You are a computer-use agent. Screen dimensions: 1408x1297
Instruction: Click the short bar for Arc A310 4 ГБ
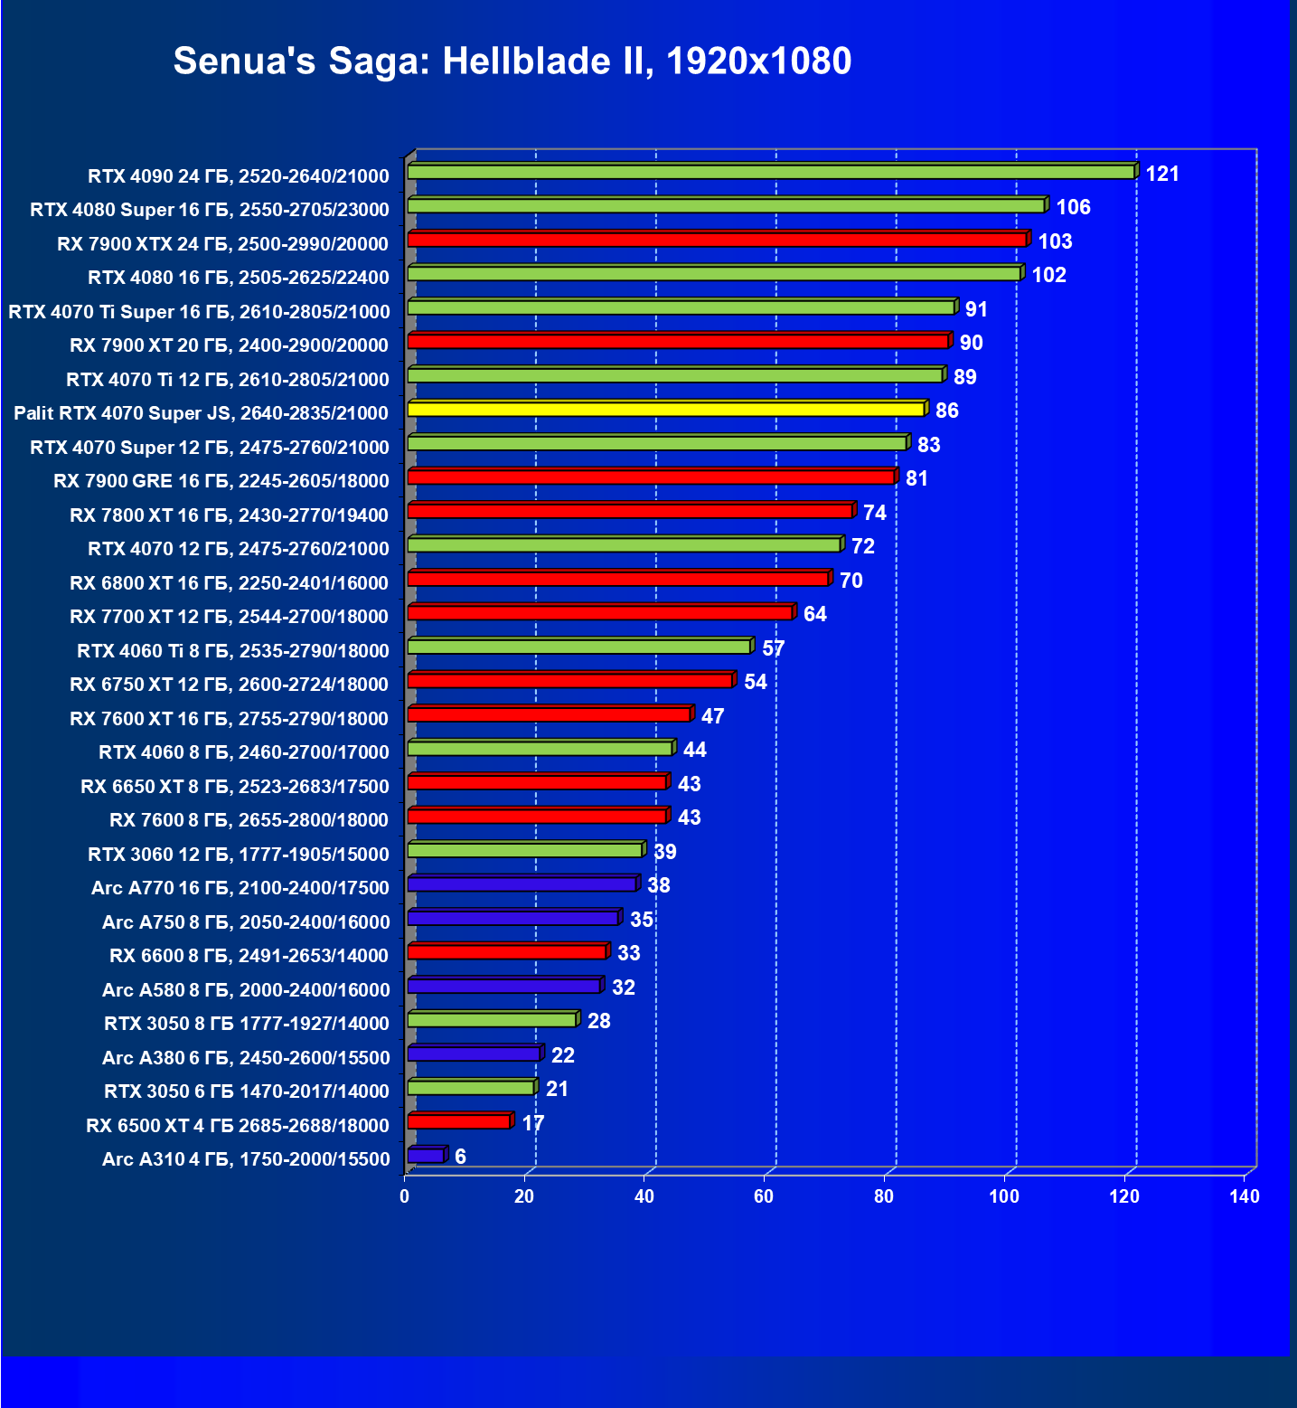tap(426, 1156)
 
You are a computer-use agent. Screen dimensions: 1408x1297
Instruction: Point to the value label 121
tap(1162, 174)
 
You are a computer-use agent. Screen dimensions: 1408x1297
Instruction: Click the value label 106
tap(1073, 207)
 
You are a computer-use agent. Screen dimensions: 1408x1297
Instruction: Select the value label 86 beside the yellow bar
tap(946, 411)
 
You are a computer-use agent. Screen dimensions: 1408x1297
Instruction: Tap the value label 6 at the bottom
tap(460, 1157)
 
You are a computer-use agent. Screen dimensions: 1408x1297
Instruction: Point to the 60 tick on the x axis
tap(764, 1196)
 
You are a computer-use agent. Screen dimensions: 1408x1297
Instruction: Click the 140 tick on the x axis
tap(1244, 1196)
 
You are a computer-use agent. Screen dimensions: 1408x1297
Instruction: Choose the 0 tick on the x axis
tap(404, 1196)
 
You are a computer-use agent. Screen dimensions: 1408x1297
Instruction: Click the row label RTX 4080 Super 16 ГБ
tap(210, 210)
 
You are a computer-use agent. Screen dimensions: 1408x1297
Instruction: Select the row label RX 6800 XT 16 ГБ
tap(230, 583)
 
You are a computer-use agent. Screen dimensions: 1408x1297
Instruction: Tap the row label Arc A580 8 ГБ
tap(246, 990)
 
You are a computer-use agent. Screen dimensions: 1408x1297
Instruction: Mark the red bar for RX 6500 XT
tap(459, 1121)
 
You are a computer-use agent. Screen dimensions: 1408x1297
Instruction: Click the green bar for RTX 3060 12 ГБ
tap(525, 850)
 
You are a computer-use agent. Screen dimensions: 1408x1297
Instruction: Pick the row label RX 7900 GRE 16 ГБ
tap(221, 481)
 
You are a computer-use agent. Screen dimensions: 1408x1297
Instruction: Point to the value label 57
tap(773, 648)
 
